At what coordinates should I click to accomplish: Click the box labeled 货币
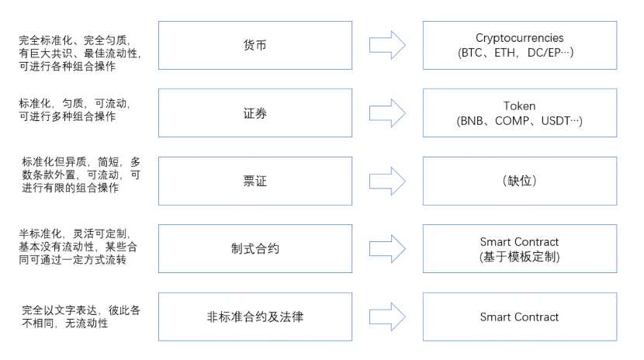(x=254, y=46)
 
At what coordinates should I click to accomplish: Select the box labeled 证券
(x=254, y=113)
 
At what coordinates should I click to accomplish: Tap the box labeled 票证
(x=254, y=181)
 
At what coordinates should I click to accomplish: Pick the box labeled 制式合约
(x=254, y=249)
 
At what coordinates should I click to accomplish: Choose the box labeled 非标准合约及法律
(x=254, y=317)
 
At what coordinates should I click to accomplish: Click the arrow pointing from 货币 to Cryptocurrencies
(x=387, y=46)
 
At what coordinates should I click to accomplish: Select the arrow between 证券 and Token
(x=387, y=113)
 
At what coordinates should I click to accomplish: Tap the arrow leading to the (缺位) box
(x=387, y=181)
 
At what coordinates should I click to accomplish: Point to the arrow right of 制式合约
(x=387, y=249)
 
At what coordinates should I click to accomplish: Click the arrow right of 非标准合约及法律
(x=387, y=317)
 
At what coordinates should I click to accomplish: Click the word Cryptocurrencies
(x=519, y=38)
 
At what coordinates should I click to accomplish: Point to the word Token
(x=519, y=106)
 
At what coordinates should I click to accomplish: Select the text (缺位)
(x=519, y=181)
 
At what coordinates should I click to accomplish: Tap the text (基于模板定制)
(x=519, y=257)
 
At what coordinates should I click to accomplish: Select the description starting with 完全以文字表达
(x=80, y=316)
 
